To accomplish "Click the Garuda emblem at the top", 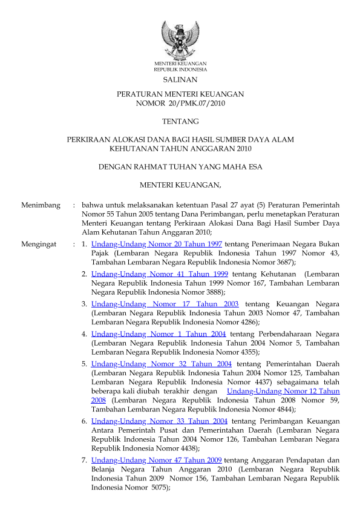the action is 180,39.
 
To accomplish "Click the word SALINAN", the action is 180,79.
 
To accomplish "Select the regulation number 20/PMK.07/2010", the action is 192,104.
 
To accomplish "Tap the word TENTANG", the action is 180,122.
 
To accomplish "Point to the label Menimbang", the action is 41,206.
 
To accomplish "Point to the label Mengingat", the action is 39,245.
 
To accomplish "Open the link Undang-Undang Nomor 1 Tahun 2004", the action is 159,333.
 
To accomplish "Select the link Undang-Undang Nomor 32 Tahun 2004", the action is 162,364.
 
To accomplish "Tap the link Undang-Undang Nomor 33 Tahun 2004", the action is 159,421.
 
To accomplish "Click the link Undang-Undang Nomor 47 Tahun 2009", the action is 156,460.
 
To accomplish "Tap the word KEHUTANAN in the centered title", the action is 133,148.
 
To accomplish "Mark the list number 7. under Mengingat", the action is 85,460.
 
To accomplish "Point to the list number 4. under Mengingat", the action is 85,333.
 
